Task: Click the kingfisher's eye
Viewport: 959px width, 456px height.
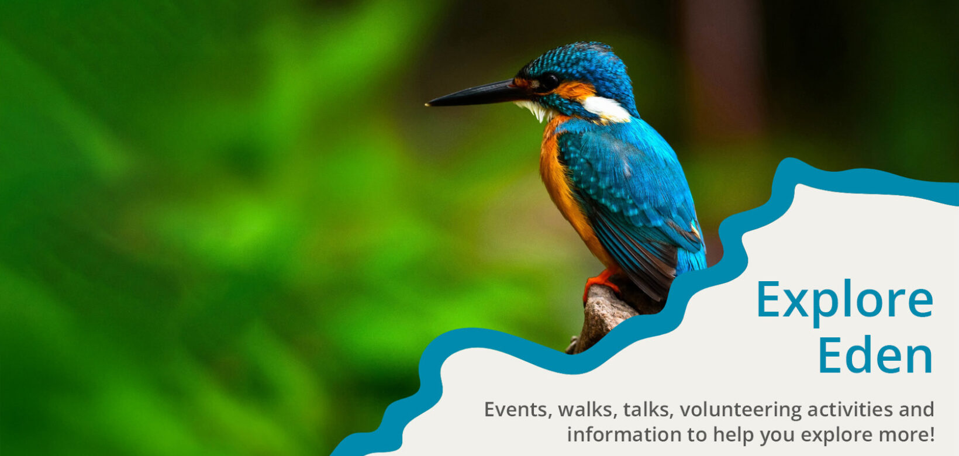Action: coord(549,81)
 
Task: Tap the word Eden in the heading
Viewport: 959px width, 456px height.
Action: coord(875,355)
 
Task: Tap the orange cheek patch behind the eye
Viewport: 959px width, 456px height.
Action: coord(574,91)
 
